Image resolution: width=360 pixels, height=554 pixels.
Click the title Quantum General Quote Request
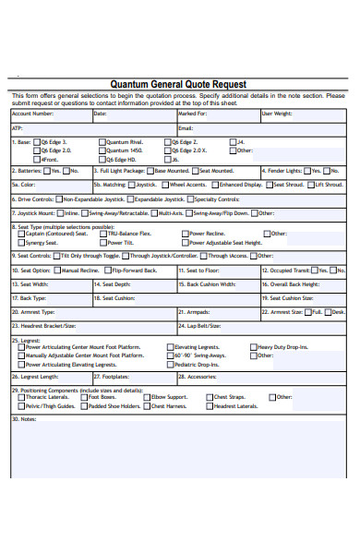[179, 84]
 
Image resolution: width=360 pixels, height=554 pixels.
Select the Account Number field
[51, 114]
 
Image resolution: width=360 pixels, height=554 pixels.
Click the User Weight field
[305, 114]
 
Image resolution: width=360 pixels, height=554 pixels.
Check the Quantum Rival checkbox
[102, 142]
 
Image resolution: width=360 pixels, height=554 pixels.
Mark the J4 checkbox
[234, 142]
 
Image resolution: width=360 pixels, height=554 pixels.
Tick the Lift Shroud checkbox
[310, 185]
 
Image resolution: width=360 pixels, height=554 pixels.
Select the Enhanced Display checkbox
[214, 185]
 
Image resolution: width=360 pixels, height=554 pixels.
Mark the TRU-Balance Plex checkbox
[102, 234]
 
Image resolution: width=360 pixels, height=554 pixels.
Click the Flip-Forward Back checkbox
[105, 271]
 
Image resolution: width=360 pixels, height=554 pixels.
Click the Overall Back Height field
[305, 284]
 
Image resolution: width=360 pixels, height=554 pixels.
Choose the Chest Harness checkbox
[146, 405]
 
